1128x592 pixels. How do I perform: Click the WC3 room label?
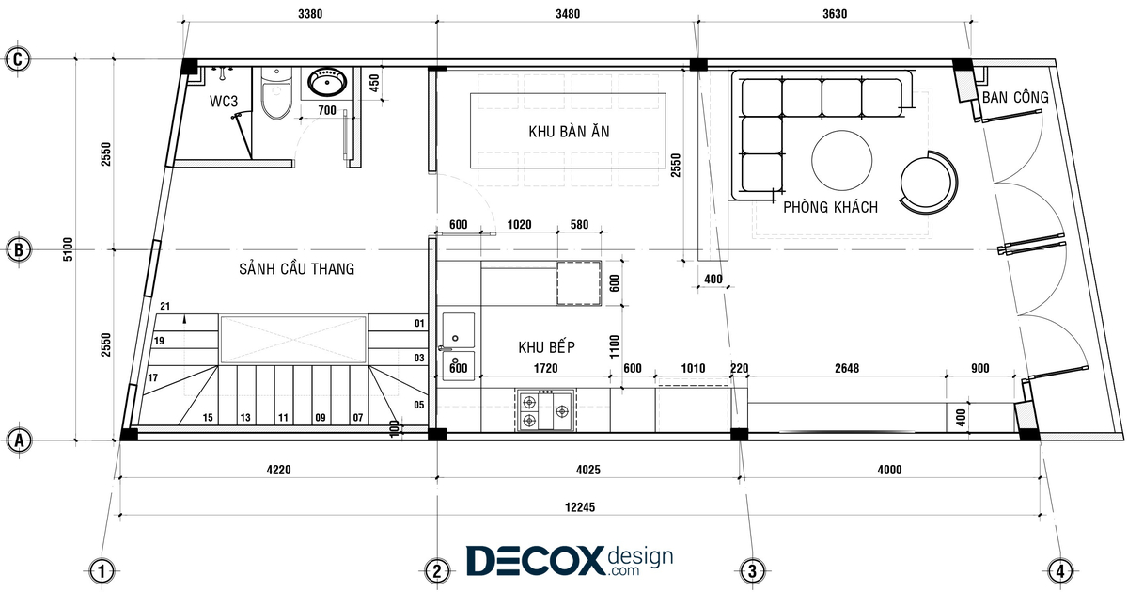(x=224, y=102)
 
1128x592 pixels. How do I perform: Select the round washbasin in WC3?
(x=327, y=82)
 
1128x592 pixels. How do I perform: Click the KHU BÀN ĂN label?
(x=569, y=132)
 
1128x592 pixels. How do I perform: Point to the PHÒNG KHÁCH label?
(x=830, y=207)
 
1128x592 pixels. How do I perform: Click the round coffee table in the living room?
(x=842, y=160)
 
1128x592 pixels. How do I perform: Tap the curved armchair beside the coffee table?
(x=929, y=183)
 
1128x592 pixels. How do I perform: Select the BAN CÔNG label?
(x=1015, y=97)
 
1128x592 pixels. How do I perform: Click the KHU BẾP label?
(x=546, y=347)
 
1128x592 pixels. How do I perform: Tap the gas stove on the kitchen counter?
(x=545, y=410)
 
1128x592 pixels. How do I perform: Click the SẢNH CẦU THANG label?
(x=297, y=269)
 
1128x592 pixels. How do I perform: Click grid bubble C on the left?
(x=18, y=59)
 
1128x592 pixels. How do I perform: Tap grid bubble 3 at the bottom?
(x=752, y=571)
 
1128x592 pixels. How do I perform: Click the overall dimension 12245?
(x=580, y=506)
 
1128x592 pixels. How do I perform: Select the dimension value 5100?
(x=68, y=249)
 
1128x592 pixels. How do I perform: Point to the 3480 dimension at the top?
(x=568, y=13)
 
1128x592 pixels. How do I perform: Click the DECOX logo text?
(x=535, y=561)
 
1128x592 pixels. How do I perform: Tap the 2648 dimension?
(x=847, y=369)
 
